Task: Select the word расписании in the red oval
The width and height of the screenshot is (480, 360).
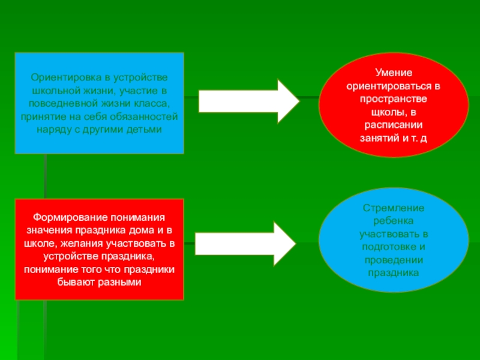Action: pyautogui.click(x=394, y=125)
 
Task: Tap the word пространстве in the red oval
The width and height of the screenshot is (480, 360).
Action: pyautogui.click(x=394, y=99)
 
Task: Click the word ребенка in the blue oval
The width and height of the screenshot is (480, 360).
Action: pyautogui.click(x=394, y=220)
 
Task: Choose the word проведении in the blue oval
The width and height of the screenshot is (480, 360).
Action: pyautogui.click(x=394, y=260)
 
